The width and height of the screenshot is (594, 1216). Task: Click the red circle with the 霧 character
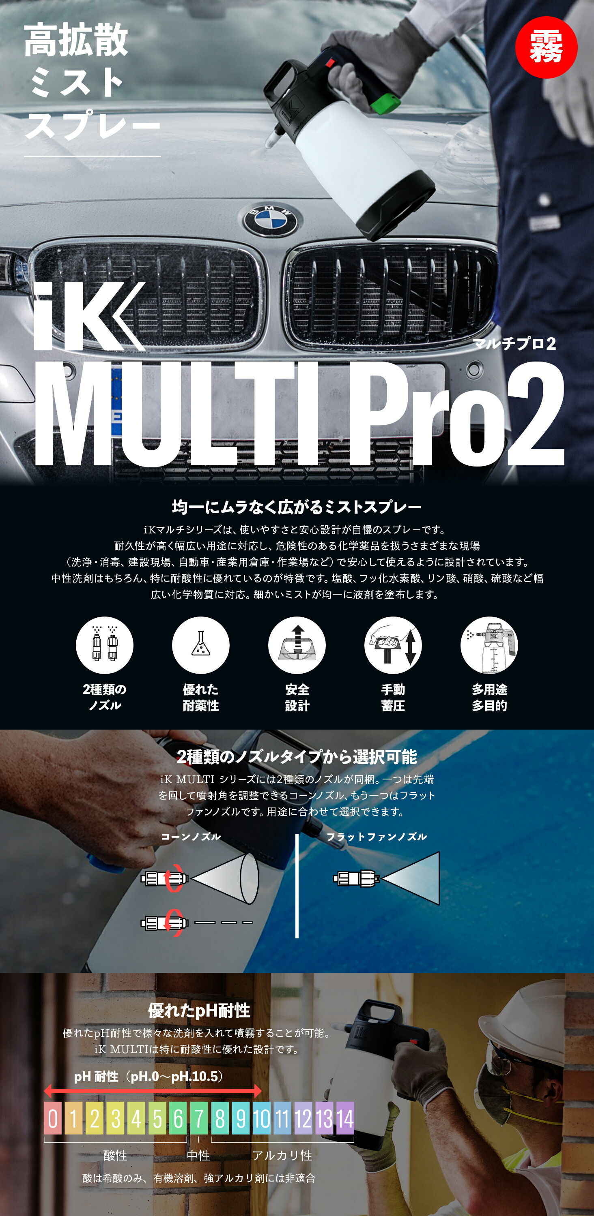pyautogui.click(x=546, y=47)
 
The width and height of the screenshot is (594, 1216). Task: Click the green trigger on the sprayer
pyautogui.click(x=385, y=103)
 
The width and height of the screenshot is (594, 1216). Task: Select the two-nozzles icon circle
pyautogui.click(x=104, y=645)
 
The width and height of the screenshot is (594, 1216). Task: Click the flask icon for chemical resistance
pyautogui.click(x=201, y=645)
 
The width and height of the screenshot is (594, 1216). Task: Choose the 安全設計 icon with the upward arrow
pyautogui.click(x=297, y=645)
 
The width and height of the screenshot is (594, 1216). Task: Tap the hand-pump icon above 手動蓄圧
pyautogui.click(x=393, y=645)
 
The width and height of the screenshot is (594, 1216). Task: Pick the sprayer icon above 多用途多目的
pyautogui.click(x=489, y=645)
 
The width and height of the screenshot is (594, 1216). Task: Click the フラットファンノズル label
pyautogui.click(x=377, y=837)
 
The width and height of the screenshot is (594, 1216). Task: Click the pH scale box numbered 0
pyautogui.click(x=53, y=1119)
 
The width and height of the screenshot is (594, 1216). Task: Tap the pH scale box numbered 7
pyautogui.click(x=199, y=1119)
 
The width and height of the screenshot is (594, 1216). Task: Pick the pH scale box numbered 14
pyautogui.click(x=345, y=1119)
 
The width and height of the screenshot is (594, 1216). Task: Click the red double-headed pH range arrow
pyautogui.click(x=152, y=1091)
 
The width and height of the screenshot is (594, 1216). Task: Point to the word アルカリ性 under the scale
pyautogui.click(x=282, y=1156)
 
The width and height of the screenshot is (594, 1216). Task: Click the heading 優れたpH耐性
pyautogui.click(x=199, y=1010)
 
